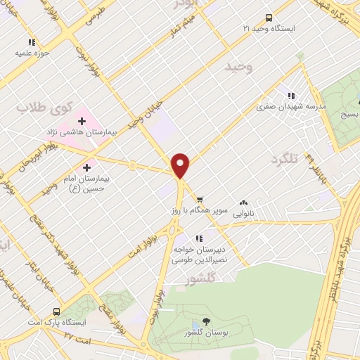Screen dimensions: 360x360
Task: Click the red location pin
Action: point(181,165)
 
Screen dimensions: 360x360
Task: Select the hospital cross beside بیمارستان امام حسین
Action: point(87,167)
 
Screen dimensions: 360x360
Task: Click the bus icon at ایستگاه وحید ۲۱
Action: point(269,18)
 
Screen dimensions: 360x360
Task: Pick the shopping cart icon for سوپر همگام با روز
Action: point(200,199)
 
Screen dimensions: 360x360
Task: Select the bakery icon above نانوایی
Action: point(243,202)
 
